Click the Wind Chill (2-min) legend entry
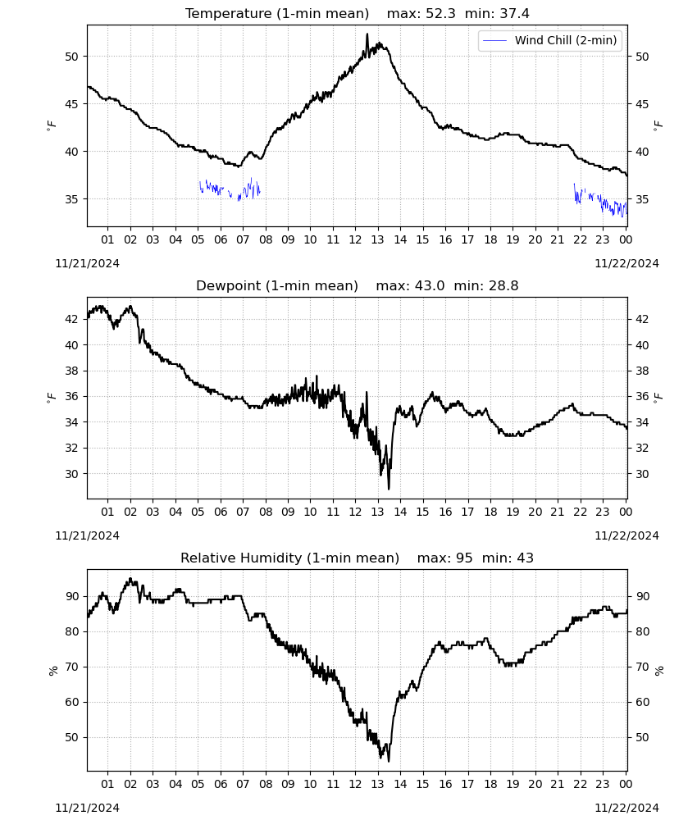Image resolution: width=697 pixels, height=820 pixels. click(x=550, y=40)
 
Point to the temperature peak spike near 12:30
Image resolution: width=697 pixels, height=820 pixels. click(x=367, y=34)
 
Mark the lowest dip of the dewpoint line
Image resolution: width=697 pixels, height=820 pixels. click(x=389, y=489)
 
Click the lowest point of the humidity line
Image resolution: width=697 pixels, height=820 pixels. click(x=389, y=760)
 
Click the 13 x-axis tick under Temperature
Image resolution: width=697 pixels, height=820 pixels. click(x=377, y=239)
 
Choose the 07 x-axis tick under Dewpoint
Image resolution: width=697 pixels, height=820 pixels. click(x=243, y=512)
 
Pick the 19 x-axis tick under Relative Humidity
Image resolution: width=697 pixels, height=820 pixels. click(x=512, y=784)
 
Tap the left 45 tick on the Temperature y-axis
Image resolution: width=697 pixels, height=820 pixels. click(x=71, y=104)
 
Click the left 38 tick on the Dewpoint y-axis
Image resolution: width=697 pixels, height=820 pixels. click(x=71, y=371)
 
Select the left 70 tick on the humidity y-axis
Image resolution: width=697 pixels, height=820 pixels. click(x=71, y=667)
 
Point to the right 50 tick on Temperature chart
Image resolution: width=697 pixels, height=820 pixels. click(x=642, y=57)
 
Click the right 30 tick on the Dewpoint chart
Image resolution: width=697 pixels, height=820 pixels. click(x=642, y=474)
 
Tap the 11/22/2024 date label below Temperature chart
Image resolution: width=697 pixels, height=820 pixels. click(x=626, y=263)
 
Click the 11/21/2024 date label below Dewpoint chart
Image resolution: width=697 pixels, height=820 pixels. click(x=87, y=535)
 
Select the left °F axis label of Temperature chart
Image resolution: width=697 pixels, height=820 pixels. click(x=51, y=125)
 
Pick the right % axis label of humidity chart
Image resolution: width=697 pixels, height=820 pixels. click(x=658, y=671)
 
